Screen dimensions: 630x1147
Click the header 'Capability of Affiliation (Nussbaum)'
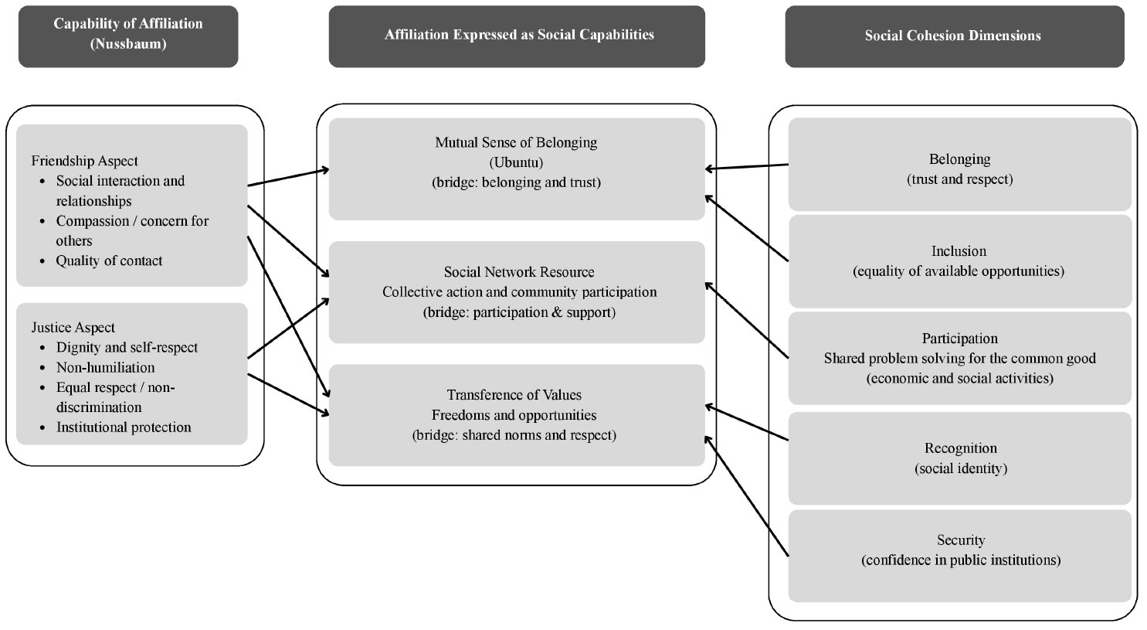(x=128, y=34)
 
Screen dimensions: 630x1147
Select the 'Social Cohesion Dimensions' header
(x=952, y=36)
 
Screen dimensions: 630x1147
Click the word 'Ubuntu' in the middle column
(x=516, y=162)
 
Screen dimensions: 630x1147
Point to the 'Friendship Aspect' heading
(x=84, y=161)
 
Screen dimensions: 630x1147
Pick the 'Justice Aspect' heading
(x=73, y=328)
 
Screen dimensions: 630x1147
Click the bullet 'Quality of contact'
(x=109, y=261)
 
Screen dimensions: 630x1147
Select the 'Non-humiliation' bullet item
(x=105, y=368)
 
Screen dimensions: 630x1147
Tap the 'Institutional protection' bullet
(x=124, y=427)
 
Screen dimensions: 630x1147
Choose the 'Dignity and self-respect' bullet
(x=127, y=348)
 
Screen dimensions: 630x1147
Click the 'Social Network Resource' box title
(x=519, y=272)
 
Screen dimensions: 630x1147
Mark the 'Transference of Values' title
(x=514, y=395)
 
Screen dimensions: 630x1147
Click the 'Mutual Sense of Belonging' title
(x=516, y=142)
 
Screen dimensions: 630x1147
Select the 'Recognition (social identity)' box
(x=960, y=458)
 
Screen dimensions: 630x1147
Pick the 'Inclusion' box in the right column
(x=959, y=261)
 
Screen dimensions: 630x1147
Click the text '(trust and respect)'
(x=960, y=179)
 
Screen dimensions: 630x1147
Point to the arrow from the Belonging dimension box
(x=746, y=166)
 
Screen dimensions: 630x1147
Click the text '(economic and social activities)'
(x=960, y=379)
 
